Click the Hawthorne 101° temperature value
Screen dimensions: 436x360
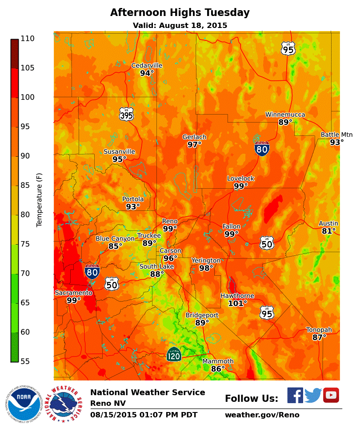[x=237, y=304]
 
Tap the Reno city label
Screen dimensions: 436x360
[x=170, y=221]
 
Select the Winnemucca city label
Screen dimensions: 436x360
[x=285, y=115]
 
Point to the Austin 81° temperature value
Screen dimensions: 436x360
[x=328, y=231]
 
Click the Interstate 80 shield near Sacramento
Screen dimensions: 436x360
[x=92, y=271]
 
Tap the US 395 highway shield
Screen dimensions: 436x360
[x=126, y=114]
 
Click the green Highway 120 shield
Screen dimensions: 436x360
[x=174, y=354]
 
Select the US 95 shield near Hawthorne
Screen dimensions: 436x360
[x=267, y=313]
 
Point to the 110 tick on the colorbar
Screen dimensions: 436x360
[x=27, y=39]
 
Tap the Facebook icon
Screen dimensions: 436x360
[x=295, y=395]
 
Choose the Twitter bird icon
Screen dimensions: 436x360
[x=313, y=395]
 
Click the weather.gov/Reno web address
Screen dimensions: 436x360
[x=262, y=415]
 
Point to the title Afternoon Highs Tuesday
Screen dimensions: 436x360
[x=180, y=12]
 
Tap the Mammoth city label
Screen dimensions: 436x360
[x=218, y=361]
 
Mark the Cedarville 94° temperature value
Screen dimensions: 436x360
[x=147, y=73]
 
